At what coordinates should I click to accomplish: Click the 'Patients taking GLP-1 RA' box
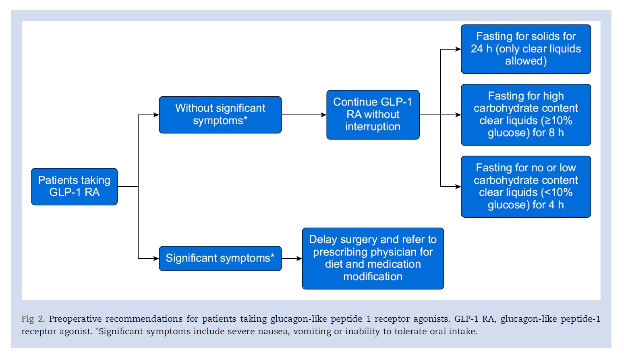click(75, 187)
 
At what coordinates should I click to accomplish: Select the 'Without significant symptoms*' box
click(220, 114)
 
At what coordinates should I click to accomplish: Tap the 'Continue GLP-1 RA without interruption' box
click(373, 114)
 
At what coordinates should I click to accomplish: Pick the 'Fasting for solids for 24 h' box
click(526, 49)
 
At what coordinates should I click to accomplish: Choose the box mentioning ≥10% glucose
click(526, 114)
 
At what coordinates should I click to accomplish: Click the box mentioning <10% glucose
click(526, 187)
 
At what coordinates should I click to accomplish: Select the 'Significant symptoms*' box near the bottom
click(220, 258)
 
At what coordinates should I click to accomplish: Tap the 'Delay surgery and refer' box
click(373, 258)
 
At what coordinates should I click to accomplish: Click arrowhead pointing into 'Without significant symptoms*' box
click(156, 114)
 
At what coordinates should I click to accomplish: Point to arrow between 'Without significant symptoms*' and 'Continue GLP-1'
click(304, 114)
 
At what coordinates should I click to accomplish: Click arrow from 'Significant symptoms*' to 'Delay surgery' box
click(292, 258)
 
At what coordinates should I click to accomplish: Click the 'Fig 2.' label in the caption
click(33, 319)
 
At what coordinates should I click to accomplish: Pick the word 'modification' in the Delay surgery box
click(373, 277)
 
